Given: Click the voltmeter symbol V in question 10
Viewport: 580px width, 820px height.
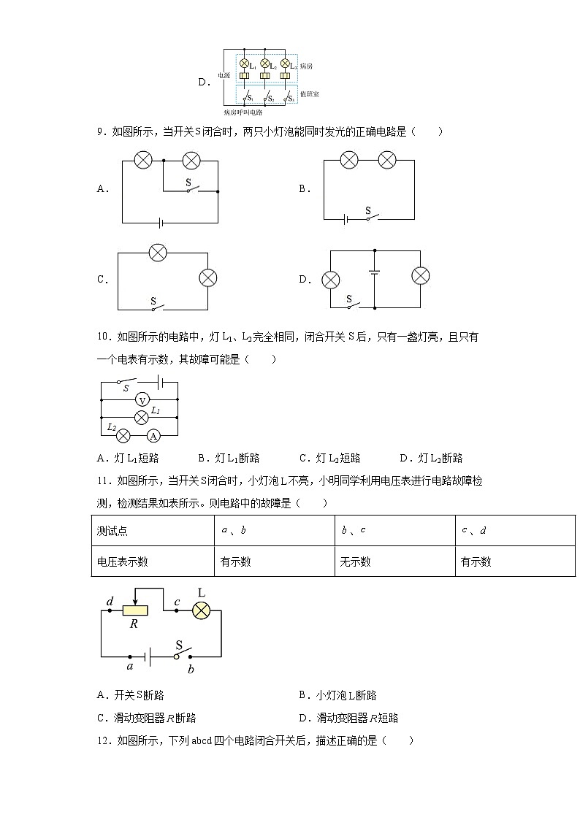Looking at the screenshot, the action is (143, 399).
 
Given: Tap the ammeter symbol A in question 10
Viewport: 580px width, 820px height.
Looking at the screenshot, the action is (153, 436).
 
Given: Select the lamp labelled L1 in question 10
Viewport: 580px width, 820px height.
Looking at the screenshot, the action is (142, 418).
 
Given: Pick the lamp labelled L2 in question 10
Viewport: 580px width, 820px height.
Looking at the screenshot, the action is (123, 436).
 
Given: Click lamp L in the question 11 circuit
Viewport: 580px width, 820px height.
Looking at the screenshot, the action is (201, 610).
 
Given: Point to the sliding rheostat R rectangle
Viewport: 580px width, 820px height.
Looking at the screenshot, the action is (134, 610).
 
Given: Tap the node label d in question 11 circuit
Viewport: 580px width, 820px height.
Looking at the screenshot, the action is (110, 601).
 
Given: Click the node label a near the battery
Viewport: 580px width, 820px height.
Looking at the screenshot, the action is (130, 666).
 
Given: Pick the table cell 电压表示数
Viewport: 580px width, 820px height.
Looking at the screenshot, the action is (123, 562).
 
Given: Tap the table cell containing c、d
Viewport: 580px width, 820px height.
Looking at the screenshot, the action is (474, 531).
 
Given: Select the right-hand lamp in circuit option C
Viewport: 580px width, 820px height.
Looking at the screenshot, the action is (209, 278).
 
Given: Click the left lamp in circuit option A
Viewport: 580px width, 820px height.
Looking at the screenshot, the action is (143, 159).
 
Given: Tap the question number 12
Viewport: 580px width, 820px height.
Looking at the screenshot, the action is (102, 740).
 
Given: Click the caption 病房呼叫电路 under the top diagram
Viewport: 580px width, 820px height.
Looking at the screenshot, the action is (243, 112).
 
